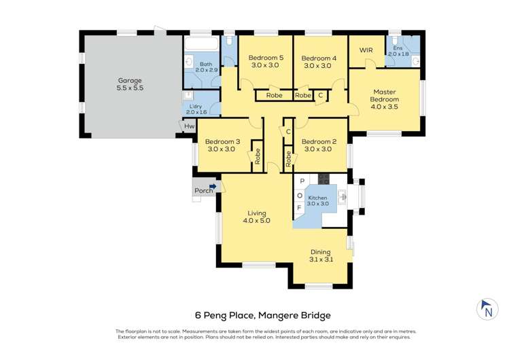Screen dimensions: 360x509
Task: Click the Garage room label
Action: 130,84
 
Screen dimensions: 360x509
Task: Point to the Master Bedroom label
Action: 385,99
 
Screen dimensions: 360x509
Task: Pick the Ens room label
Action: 398,49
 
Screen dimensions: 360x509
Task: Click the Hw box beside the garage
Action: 189,127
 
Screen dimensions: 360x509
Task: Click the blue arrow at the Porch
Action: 213,186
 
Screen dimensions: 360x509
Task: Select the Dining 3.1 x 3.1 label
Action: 321,255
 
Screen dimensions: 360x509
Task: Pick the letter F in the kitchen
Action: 300,207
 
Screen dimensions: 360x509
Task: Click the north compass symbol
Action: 486,309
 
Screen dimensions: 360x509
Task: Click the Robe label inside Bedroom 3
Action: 258,156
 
